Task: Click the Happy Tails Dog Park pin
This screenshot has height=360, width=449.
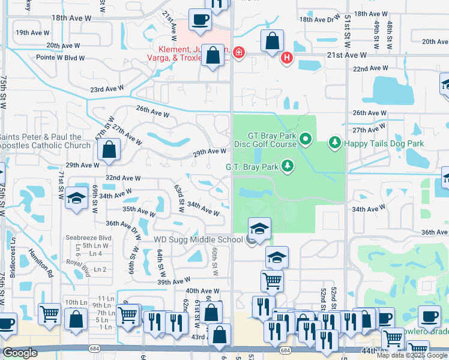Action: point(335,143)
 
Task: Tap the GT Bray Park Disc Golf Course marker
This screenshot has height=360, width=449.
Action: point(306,140)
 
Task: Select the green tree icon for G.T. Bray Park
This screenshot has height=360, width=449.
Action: point(288,166)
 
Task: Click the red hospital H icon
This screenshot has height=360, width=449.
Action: point(287,57)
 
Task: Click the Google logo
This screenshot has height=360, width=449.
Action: point(20,353)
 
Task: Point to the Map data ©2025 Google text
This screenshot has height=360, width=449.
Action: point(411,355)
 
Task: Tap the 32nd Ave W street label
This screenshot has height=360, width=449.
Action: point(122,178)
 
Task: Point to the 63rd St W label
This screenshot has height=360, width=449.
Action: point(179,198)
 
